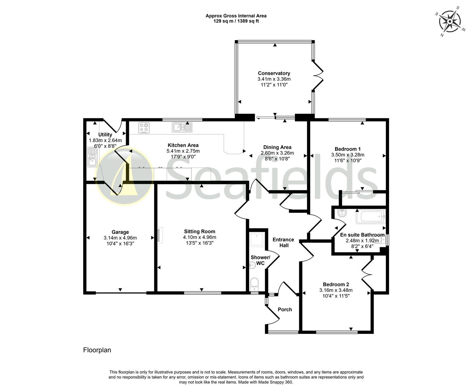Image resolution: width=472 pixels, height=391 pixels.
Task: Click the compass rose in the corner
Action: (x=450, y=21)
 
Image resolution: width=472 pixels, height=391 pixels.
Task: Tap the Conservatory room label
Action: (x=274, y=73)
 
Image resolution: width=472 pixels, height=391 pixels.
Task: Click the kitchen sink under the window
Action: (x=182, y=127)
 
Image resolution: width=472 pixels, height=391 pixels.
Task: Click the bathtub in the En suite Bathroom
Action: (x=371, y=217)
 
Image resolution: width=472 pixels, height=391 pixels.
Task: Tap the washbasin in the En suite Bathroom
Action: (x=341, y=214)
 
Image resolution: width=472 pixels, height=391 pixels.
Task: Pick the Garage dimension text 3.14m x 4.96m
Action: (x=120, y=238)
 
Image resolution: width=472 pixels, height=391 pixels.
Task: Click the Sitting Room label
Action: (x=199, y=231)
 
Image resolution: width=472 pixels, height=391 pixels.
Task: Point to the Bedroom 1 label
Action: (x=347, y=149)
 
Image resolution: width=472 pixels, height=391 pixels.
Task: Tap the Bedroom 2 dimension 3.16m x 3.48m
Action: (x=336, y=290)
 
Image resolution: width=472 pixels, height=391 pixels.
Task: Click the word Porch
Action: (x=285, y=309)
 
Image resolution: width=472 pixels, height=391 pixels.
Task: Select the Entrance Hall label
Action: (x=283, y=243)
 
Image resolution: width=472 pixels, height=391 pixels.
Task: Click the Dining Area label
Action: (x=277, y=147)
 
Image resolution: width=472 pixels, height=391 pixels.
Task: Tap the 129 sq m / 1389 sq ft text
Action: (x=236, y=21)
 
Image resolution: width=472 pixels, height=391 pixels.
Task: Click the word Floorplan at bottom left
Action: (x=97, y=350)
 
